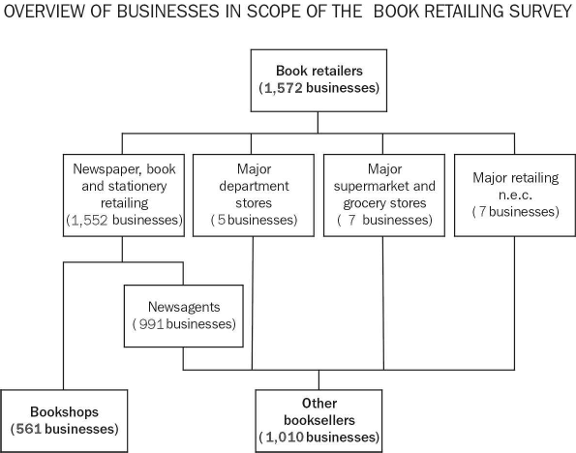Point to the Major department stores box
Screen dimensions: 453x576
pos(253,194)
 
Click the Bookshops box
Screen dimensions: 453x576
pos(64,416)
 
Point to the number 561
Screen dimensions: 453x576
pos(31,427)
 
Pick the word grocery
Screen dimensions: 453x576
pos(361,202)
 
